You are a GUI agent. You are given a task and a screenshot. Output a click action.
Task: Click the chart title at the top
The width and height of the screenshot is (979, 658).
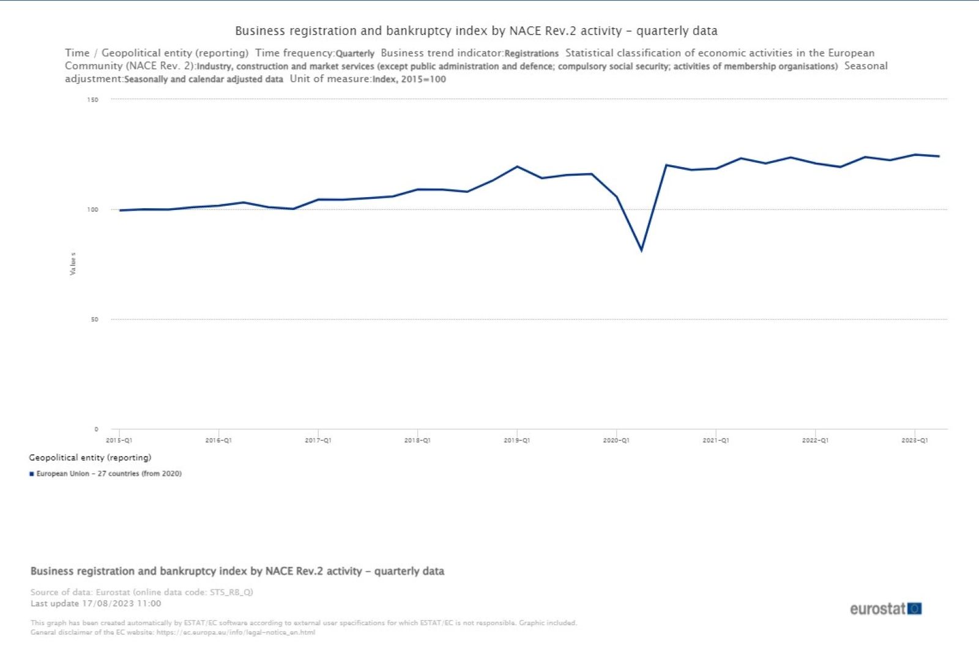click(476, 31)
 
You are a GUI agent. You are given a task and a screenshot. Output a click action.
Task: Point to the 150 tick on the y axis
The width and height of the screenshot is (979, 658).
click(92, 100)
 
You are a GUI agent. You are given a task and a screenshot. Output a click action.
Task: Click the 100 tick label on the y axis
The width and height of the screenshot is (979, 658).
click(92, 210)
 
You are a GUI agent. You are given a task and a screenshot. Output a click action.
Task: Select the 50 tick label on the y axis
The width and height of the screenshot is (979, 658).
click(94, 320)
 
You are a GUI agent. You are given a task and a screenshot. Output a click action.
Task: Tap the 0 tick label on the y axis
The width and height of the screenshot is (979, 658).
click(96, 430)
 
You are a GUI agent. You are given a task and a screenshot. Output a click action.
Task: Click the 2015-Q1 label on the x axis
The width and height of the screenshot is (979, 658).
click(119, 441)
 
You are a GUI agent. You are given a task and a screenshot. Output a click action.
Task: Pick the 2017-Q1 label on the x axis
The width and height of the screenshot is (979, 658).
click(318, 441)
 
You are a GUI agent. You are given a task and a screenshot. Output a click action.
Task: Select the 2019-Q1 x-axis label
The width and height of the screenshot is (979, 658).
click(516, 441)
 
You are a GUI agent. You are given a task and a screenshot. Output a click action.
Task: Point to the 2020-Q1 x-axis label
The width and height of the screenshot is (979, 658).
click(616, 441)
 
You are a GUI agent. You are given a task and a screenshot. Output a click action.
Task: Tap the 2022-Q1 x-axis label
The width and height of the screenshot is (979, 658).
click(815, 441)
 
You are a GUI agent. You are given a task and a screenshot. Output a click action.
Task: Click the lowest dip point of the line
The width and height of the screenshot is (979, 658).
click(641, 250)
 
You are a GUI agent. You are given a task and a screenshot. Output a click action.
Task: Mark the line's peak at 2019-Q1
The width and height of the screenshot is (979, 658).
click(517, 166)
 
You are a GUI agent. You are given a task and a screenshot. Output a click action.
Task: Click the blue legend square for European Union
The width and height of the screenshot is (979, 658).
click(31, 474)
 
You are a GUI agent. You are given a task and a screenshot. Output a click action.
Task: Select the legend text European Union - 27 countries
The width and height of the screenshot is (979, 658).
click(109, 474)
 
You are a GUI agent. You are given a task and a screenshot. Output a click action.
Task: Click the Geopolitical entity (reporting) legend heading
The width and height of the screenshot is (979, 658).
click(90, 457)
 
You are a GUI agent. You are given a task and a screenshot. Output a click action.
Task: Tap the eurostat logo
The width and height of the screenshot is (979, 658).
click(885, 608)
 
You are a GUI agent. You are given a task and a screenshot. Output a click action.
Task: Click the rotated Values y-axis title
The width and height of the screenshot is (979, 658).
click(73, 263)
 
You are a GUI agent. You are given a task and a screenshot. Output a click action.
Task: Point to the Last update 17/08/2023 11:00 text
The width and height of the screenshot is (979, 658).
click(96, 604)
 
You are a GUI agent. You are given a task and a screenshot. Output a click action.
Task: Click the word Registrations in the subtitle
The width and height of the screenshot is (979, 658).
click(531, 54)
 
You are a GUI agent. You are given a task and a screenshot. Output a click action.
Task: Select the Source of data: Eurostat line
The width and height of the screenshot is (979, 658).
click(141, 592)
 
